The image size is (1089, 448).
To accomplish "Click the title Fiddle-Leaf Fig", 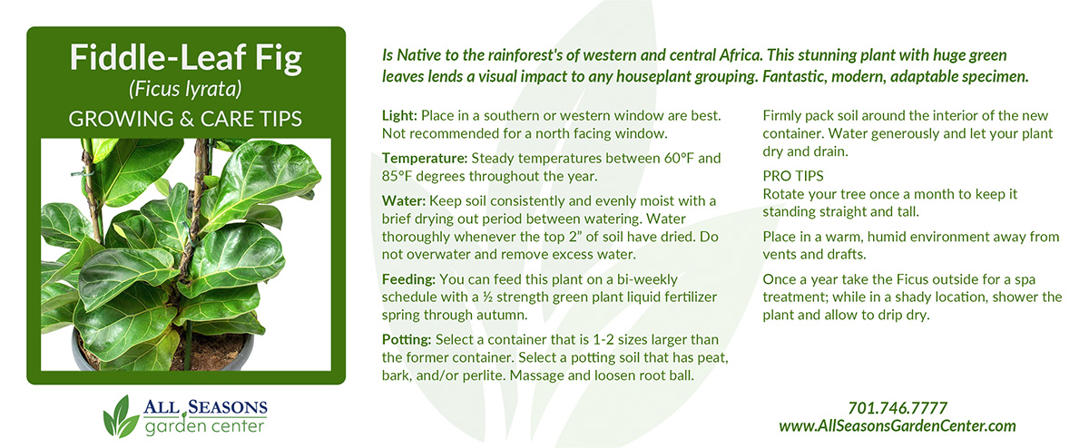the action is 186,58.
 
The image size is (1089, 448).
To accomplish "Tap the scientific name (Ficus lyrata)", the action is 185,89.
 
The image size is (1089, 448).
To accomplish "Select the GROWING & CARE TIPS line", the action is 185,119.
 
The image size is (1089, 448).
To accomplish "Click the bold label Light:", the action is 399,116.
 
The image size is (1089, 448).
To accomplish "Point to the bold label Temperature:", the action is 425,159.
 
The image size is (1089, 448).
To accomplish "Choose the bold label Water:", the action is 404,200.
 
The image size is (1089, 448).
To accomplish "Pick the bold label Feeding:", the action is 408,280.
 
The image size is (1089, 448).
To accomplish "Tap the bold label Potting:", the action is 407,340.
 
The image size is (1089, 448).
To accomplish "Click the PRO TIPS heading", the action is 793,176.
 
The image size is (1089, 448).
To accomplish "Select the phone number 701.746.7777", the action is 898,408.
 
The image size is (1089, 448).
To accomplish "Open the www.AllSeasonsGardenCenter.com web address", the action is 898,426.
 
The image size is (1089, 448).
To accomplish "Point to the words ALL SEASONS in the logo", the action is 205,408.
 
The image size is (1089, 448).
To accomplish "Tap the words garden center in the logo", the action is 205,426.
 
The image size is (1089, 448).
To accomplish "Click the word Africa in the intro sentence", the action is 740,55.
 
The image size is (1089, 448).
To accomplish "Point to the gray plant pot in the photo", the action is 162,351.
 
